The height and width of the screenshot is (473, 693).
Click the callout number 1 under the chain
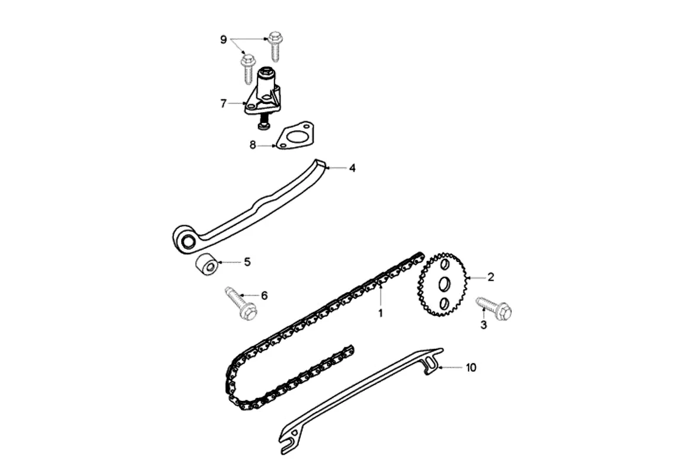(381, 313)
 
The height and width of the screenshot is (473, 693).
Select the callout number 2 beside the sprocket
(490, 276)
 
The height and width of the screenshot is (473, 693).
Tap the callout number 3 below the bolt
(484, 325)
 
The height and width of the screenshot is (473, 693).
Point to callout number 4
(352, 168)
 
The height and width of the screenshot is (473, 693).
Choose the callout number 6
(264, 294)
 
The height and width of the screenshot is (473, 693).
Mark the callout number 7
(223, 103)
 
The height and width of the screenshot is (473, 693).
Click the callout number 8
(253, 145)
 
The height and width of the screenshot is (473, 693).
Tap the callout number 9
(223, 40)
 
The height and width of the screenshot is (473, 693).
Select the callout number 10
(470, 367)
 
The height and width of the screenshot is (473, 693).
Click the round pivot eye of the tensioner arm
(188, 239)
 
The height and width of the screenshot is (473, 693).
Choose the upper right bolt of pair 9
(275, 45)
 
